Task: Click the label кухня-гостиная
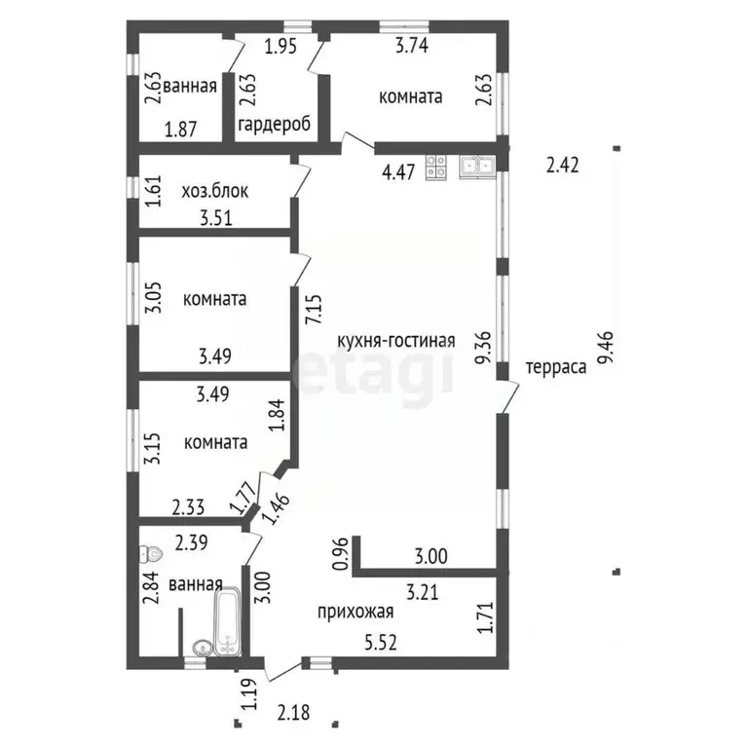click(396, 341)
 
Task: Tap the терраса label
click(556, 367)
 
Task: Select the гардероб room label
click(275, 124)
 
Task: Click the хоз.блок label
click(215, 191)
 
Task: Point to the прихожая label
click(355, 611)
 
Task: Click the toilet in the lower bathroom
click(151, 554)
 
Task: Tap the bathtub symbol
click(228, 621)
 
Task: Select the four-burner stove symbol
click(436, 168)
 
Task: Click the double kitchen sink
click(477, 166)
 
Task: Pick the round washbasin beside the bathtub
click(204, 648)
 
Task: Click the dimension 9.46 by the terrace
click(608, 348)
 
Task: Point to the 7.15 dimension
click(316, 310)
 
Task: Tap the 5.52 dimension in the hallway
click(381, 643)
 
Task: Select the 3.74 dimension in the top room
click(412, 46)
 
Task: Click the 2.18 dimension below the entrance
click(294, 713)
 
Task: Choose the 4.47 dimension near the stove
click(398, 171)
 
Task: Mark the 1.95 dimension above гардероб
click(280, 47)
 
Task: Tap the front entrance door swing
click(282, 669)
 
